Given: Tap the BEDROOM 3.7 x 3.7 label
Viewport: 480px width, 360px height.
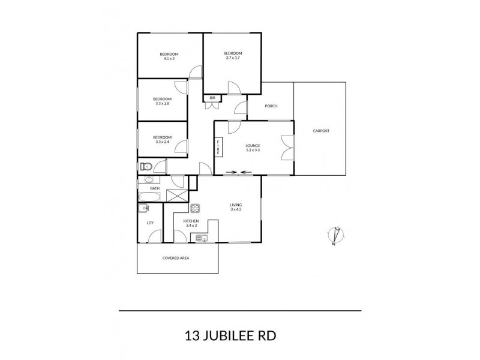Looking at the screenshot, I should click(233, 56).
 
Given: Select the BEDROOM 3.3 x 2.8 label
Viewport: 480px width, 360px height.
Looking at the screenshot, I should click(162, 101).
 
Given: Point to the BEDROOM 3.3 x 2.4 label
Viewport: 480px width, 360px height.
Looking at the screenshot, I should click(163, 140).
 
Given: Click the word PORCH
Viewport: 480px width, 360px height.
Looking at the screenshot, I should click(271, 107).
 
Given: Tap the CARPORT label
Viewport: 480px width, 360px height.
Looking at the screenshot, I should click(321, 131).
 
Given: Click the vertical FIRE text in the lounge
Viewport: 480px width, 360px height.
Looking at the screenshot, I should click(218, 147).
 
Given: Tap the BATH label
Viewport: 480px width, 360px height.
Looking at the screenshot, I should click(155, 188).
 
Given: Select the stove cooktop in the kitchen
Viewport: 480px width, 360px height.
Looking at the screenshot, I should click(195, 209).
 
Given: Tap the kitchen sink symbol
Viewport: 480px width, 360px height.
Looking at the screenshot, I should click(201, 238).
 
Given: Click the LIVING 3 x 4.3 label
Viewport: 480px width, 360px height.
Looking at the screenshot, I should click(236, 208).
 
